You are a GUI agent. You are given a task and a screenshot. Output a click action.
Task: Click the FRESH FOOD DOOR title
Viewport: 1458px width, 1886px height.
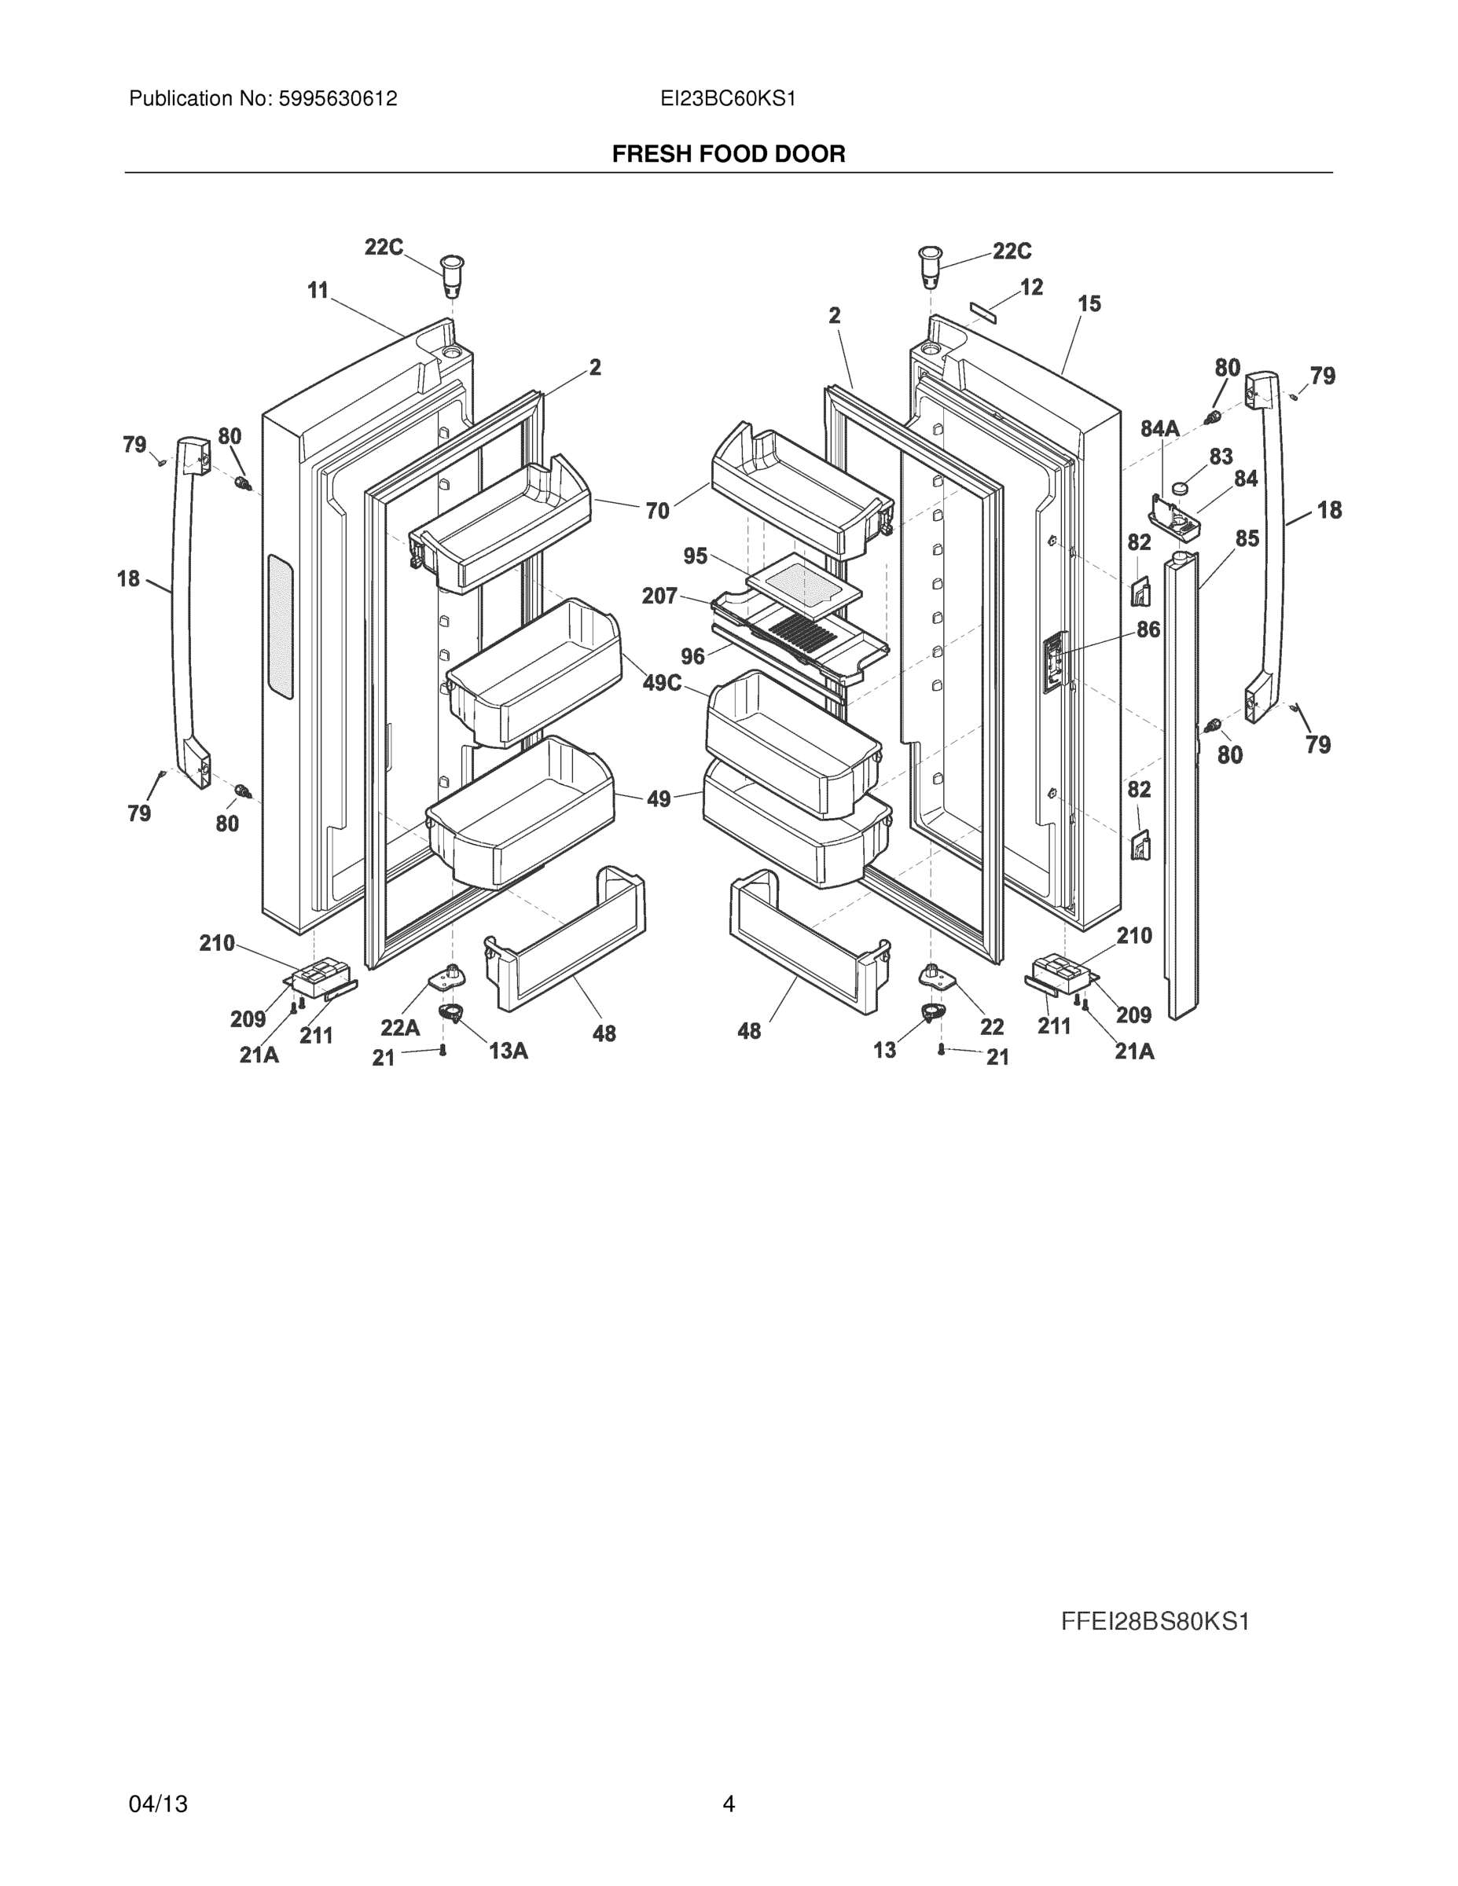coord(728,154)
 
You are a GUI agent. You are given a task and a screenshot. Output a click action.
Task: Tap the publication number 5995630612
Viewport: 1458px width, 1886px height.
coord(337,99)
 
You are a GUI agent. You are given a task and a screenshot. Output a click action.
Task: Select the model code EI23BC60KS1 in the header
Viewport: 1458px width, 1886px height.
coord(727,99)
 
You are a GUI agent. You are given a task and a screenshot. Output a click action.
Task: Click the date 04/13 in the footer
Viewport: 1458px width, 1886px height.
coord(158,1804)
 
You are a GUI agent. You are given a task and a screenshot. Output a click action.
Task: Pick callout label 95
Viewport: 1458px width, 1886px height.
coord(696,556)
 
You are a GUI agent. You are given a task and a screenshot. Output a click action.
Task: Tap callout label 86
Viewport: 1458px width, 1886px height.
coord(1148,629)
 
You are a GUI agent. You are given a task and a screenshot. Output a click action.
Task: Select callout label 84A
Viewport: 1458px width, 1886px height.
coord(1159,428)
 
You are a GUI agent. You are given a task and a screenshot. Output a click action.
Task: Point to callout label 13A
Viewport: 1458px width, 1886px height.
coord(508,1051)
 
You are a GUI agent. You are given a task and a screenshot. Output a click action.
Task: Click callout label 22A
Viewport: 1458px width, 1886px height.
coord(400,1028)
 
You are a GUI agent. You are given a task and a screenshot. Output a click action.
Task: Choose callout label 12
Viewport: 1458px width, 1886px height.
coord(1031,287)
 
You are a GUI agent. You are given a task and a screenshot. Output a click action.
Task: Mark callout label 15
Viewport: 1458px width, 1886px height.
coord(1089,304)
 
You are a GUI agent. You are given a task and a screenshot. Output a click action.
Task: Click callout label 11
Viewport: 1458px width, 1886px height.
coord(318,291)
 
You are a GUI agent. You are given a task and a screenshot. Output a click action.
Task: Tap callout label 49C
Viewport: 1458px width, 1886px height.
coord(662,683)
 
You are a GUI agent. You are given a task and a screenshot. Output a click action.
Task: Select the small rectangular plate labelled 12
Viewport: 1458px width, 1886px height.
coord(983,312)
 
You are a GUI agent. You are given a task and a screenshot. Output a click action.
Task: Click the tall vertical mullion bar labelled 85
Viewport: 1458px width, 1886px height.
coord(1181,777)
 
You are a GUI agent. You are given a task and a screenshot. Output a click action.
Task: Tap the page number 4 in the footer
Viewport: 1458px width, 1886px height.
coord(728,1804)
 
